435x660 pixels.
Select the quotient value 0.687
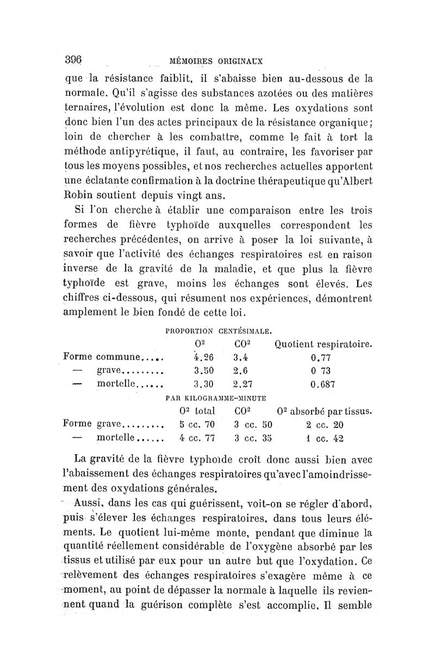point(322,384)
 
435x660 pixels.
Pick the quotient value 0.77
point(321,358)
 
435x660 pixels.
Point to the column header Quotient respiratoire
point(324,344)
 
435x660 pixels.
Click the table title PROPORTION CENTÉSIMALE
point(219,330)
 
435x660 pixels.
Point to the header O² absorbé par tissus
point(324,411)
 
